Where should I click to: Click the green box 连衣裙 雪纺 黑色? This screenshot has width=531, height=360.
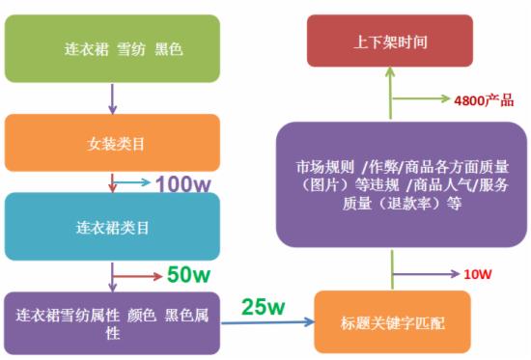(x=110, y=48)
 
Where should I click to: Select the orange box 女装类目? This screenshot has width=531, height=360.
(x=111, y=144)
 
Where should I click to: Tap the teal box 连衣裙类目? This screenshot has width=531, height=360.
(x=111, y=229)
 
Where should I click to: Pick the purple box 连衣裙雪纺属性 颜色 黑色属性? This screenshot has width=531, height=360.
(x=111, y=323)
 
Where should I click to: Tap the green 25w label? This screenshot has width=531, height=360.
(x=264, y=308)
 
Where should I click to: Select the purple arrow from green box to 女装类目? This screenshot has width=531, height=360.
(x=112, y=99)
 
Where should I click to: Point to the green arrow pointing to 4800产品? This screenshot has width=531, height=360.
(x=425, y=99)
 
